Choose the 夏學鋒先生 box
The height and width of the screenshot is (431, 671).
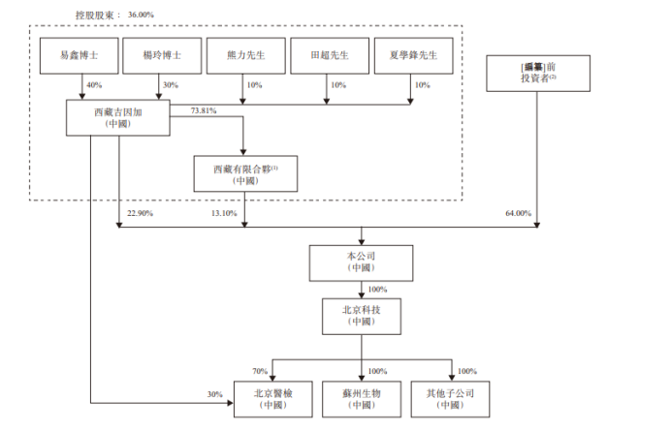(411, 56)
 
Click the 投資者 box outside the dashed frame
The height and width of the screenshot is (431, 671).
(536, 71)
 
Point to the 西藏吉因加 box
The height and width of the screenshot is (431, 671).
(120, 118)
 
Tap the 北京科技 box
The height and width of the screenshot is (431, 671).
(361, 315)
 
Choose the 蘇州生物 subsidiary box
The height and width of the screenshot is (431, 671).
(361, 399)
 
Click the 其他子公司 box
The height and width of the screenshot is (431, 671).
(449, 399)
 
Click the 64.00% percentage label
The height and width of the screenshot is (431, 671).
(519, 213)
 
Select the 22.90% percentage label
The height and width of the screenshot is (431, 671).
(141, 213)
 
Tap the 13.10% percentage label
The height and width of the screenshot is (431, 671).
(223, 213)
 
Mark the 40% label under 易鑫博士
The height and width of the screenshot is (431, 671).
(94, 85)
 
